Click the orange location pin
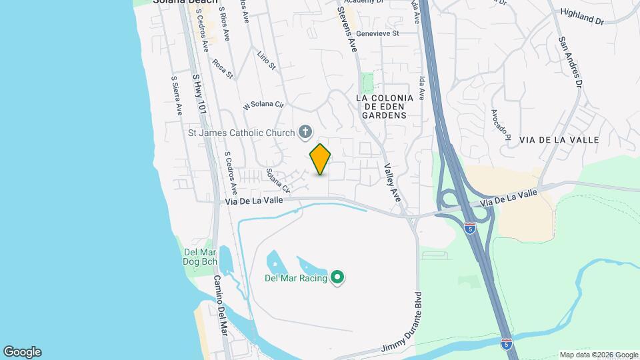pos(320,159)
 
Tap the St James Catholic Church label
pos(241,133)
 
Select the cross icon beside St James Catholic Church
pos(305,132)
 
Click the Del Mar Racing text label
pos(296,278)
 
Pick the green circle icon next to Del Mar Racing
pos(337,277)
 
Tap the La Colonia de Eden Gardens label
pos(385,106)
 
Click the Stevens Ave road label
pos(347,30)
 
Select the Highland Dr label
pos(581,17)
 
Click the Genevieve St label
pos(377,33)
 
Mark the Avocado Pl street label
pos(500,125)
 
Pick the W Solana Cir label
pos(263,105)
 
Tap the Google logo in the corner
pos(22,352)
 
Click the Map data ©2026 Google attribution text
pos(598,355)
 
